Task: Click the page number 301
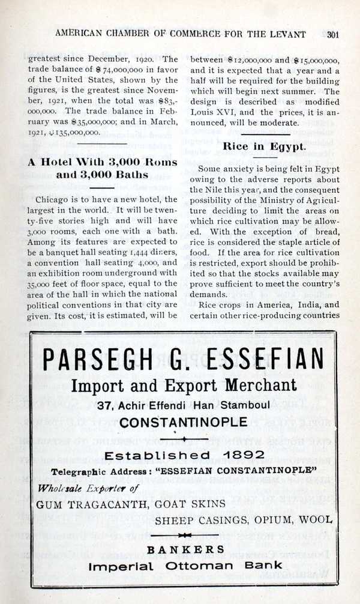[x=334, y=34]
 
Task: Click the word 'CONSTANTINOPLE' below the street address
[x=183, y=422]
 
